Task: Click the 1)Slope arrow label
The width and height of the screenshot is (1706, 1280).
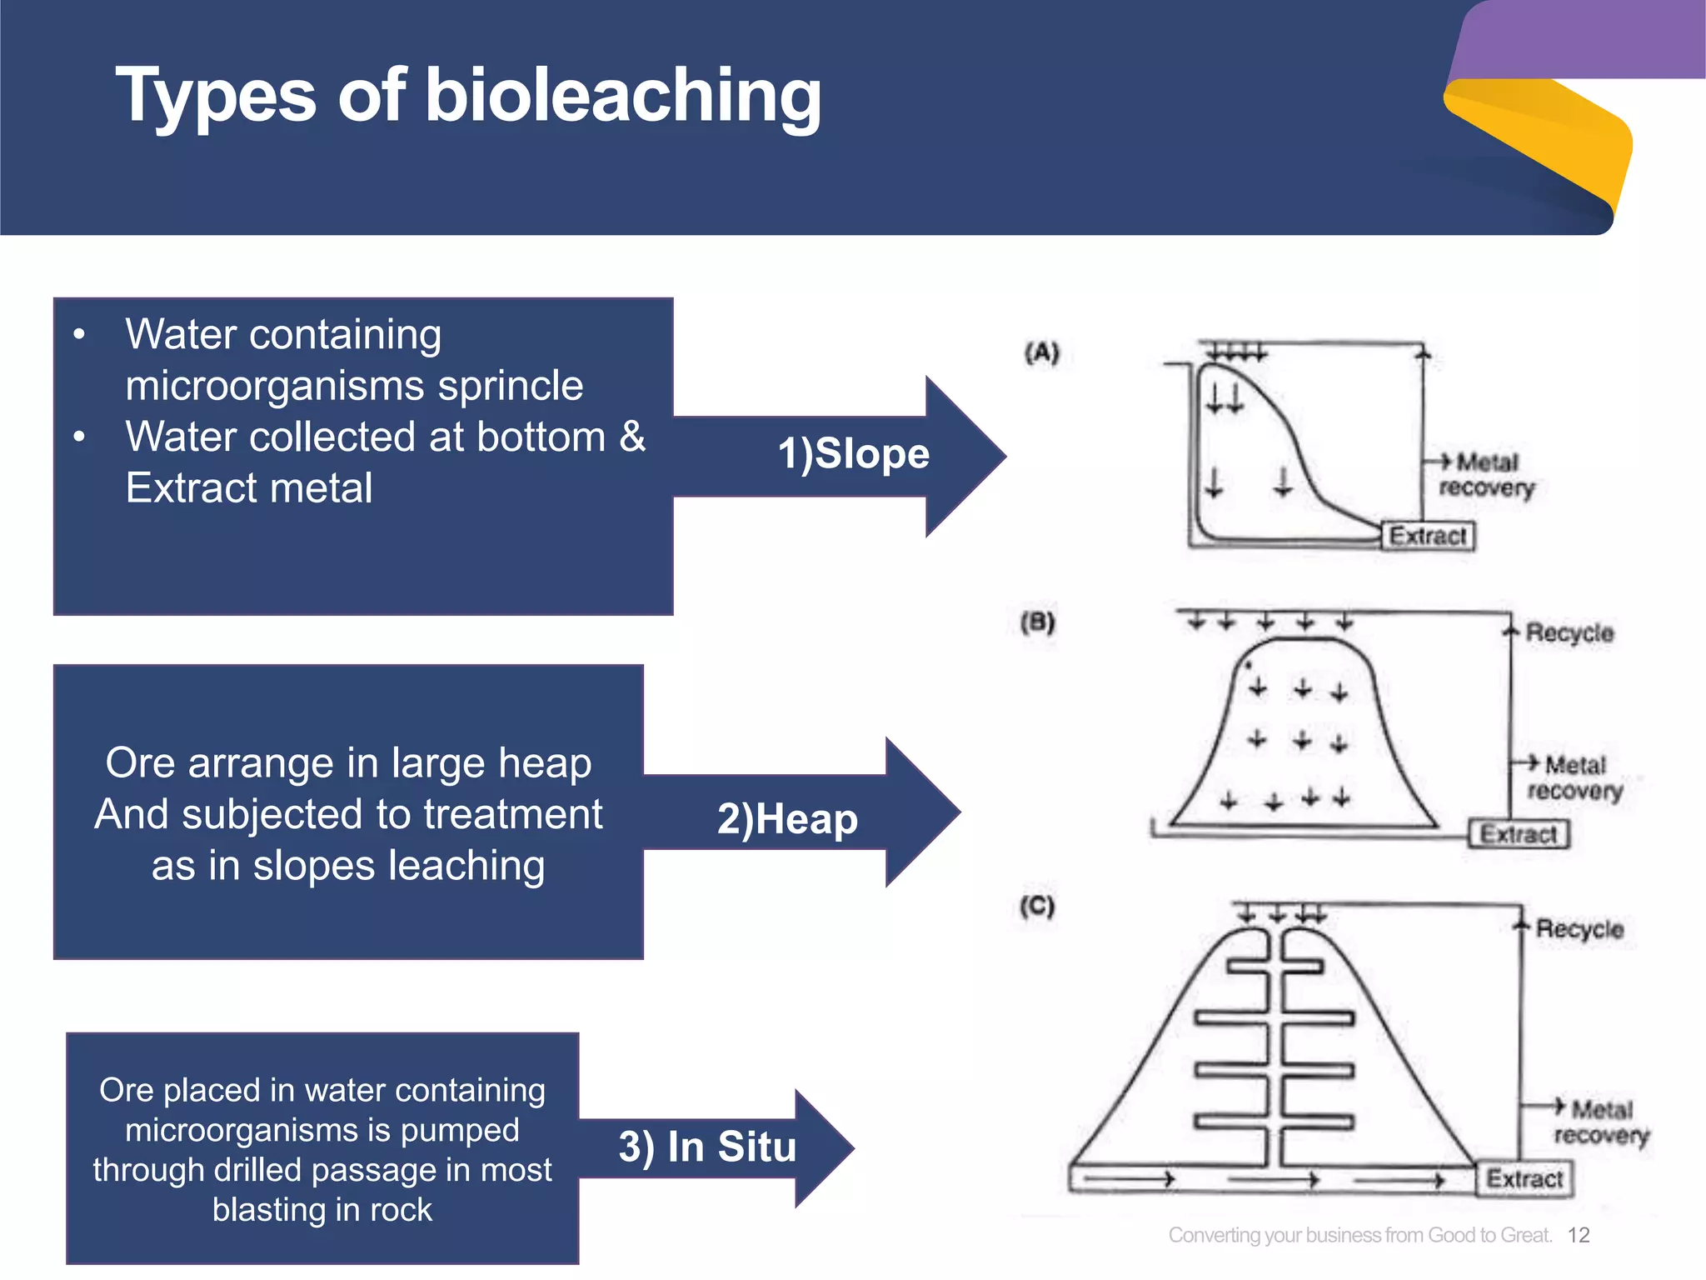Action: (853, 455)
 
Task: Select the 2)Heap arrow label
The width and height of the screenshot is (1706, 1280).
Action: (787, 819)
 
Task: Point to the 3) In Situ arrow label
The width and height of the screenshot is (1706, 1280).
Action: (707, 1147)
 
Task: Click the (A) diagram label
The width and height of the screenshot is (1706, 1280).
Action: (1041, 353)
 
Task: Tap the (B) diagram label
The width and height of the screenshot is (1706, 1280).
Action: (1037, 622)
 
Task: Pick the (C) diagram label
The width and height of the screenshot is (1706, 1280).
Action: (1037, 906)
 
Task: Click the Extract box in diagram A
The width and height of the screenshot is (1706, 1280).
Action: (1428, 536)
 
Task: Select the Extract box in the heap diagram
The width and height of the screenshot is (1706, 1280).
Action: (1518, 834)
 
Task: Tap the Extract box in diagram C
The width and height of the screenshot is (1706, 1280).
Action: (1524, 1179)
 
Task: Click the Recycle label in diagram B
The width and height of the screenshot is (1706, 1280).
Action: (1569, 633)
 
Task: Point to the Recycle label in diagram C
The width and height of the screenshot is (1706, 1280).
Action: (1579, 929)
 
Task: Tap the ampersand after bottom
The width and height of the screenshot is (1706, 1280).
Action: (632, 437)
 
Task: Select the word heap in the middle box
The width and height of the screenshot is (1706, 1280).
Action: (545, 764)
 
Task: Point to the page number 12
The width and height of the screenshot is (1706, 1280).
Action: (1579, 1235)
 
